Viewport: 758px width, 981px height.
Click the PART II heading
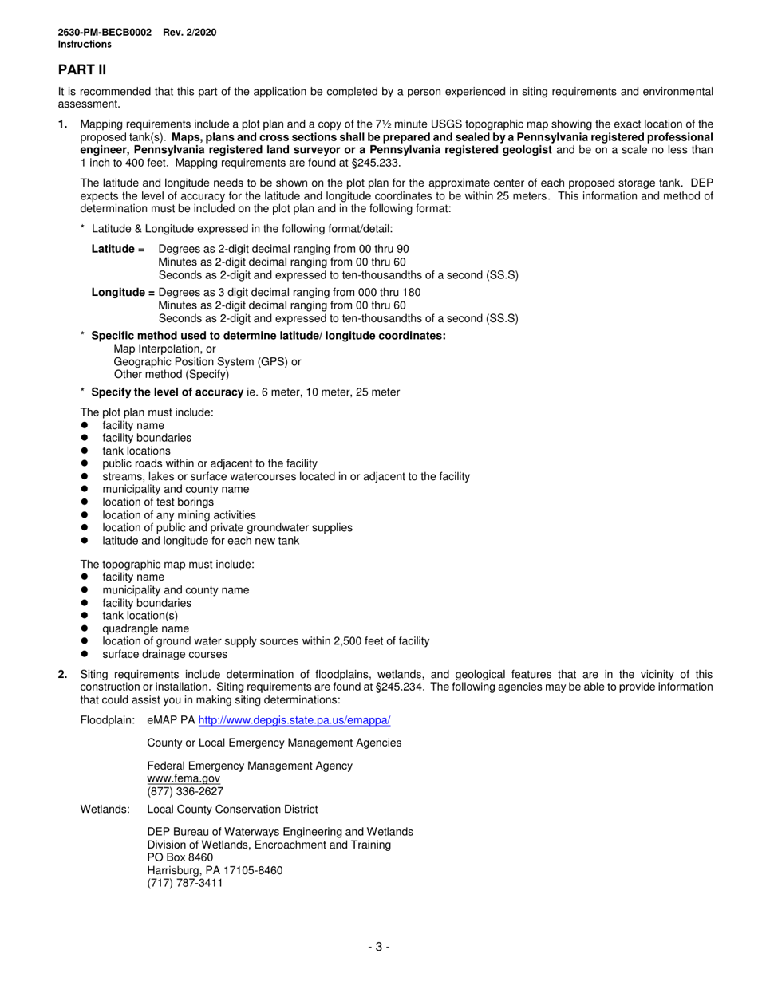81,70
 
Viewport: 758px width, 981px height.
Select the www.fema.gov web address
184,778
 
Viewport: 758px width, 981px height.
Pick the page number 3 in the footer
378,947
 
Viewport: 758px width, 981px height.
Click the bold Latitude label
113,249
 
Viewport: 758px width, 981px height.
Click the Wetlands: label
105,809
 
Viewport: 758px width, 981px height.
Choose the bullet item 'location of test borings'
158,502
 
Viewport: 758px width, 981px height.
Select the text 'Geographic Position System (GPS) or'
207,361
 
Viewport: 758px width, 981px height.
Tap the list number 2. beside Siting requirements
63,674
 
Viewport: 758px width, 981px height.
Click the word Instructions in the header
84,45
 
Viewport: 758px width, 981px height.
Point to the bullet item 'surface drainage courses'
164,654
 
